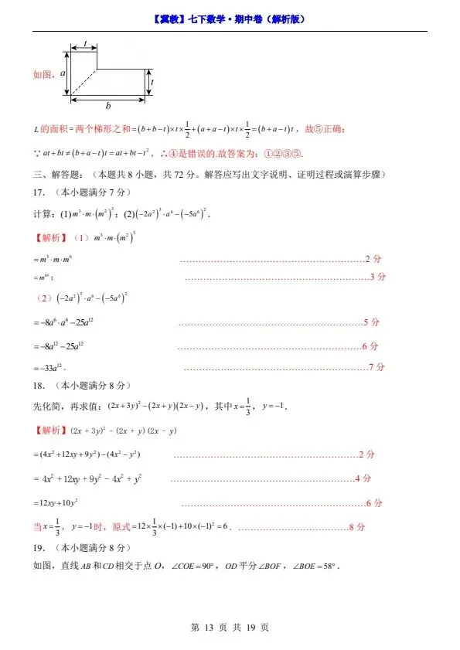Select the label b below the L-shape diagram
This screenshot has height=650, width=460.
(x=108, y=106)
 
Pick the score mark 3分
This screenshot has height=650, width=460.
(x=377, y=277)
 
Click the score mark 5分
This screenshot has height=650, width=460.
(x=371, y=322)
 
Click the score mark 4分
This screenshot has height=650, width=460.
(x=362, y=479)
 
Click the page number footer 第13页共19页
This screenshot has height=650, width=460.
(x=229, y=627)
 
